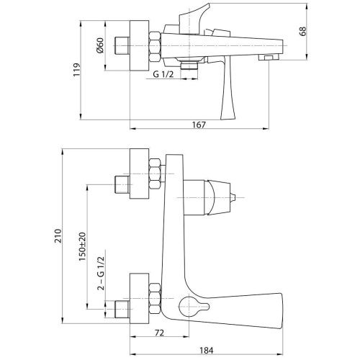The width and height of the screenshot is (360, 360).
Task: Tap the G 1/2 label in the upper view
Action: click(166, 74)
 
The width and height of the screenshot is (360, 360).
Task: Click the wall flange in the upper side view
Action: click(136, 48)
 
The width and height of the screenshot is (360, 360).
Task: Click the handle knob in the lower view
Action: click(235, 196)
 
